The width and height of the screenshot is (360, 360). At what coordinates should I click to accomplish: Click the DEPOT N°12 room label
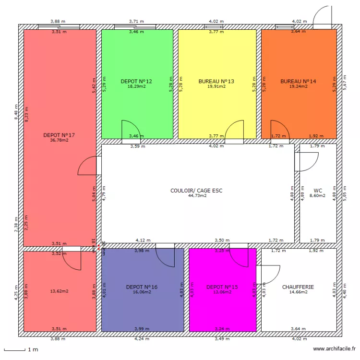pyautogui.click(x=136, y=81)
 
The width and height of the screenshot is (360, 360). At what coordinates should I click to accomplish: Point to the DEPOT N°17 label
pyautogui.click(x=59, y=135)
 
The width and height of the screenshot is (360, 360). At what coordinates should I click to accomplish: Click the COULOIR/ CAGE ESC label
pyautogui.click(x=196, y=191)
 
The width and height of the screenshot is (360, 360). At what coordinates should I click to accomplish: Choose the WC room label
pyautogui.click(x=318, y=190)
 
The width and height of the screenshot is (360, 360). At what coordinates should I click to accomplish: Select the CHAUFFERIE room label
pyautogui.click(x=298, y=287)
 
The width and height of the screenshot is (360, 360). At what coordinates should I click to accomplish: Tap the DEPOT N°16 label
pyautogui.click(x=142, y=287)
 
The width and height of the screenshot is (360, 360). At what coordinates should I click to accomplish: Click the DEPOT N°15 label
pyautogui.click(x=222, y=287)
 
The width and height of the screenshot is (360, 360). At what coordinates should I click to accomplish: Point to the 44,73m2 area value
pyautogui.click(x=196, y=196)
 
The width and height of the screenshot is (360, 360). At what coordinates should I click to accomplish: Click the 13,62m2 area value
pyautogui.click(x=60, y=291)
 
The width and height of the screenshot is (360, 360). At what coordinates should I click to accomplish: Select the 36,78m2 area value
pyautogui.click(x=59, y=141)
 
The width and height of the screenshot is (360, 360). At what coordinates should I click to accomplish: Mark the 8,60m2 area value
pyautogui.click(x=318, y=196)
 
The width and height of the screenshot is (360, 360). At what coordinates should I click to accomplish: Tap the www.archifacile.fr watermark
pyautogui.click(x=334, y=349)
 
